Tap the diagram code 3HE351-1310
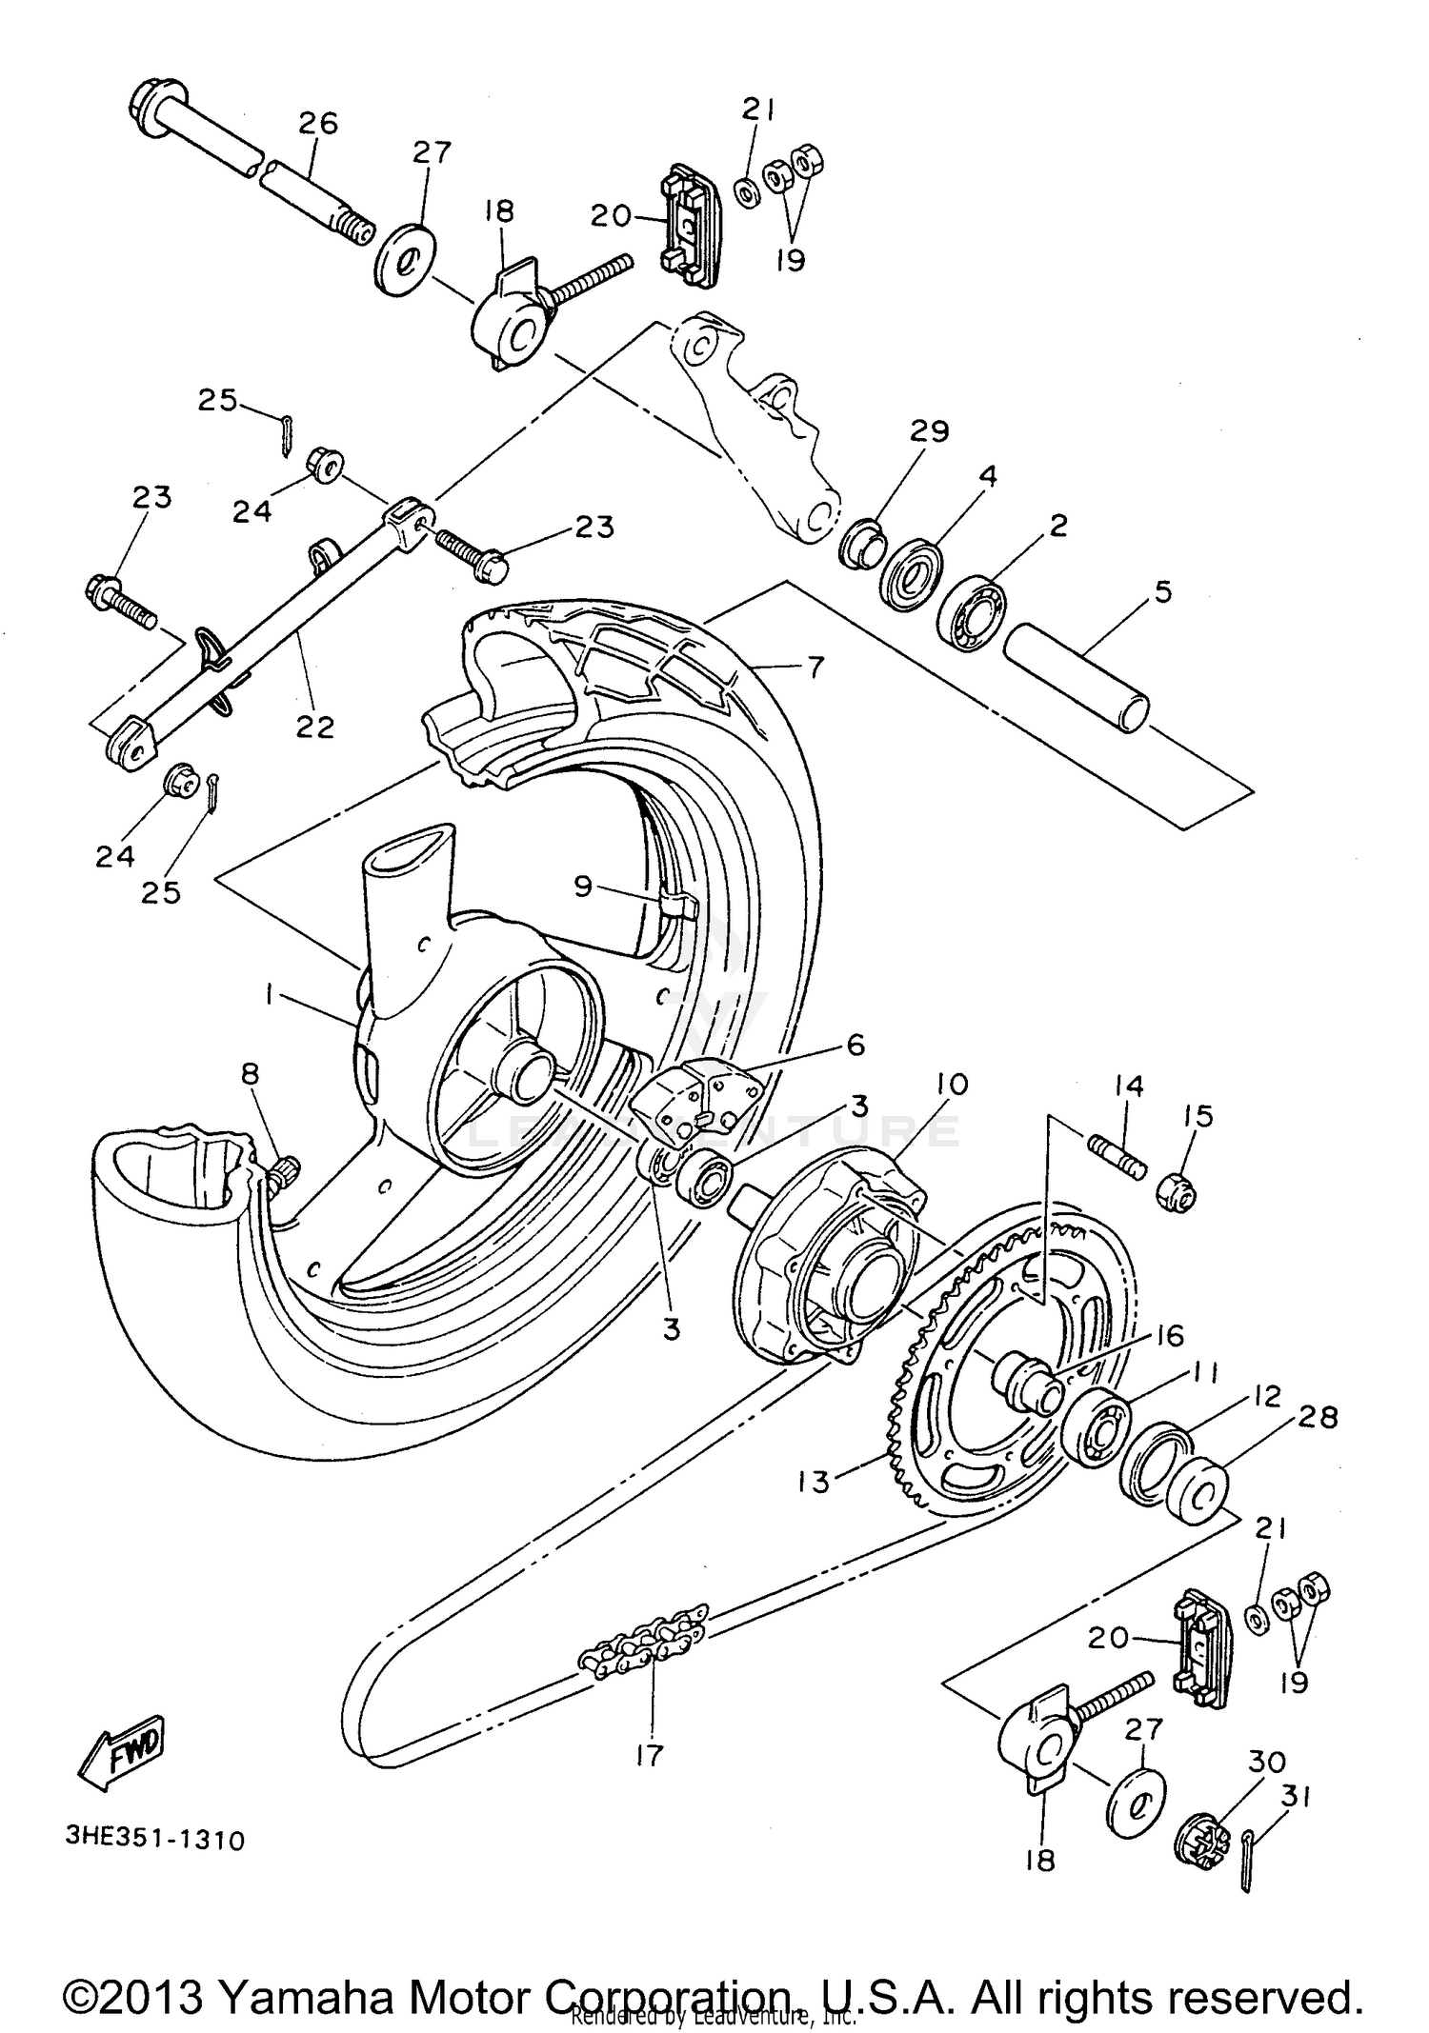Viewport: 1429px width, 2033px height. pyautogui.click(x=155, y=1839)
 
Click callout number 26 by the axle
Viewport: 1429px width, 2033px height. pyautogui.click(x=317, y=123)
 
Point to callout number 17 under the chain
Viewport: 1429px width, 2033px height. pyautogui.click(x=649, y=1754)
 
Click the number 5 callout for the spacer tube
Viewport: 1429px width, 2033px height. pyautogui.click(x=1162, y=591)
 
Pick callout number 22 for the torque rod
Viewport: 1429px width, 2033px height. pyautogui.click(x=315, y=727)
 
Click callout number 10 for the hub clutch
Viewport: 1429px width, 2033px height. pyautogui.click(x=951, y=1084)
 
